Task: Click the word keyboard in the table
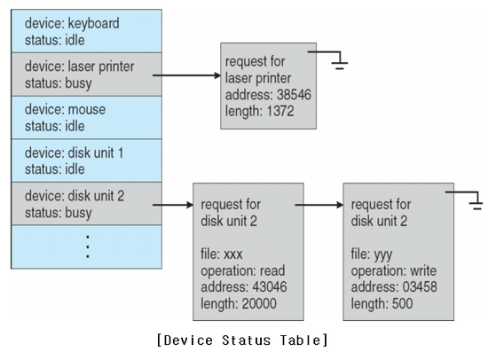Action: point(93,24)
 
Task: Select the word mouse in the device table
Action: point(87,110)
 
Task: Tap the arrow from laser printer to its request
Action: point(186,75)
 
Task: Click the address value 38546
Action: point(294,95)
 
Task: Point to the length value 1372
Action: point(280,111)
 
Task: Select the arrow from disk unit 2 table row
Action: point(173,205)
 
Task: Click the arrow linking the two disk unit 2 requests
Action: point(319,205)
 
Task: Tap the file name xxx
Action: point(233,254)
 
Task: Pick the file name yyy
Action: point(383,255)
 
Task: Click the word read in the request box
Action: point(272,270)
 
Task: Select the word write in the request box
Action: point(423,270)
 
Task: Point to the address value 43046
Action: point(270,287)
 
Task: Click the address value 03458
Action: point(420,287)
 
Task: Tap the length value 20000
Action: point(259,303)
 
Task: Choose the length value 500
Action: point(403,303)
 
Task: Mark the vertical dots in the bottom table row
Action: point(88,247)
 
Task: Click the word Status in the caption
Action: point(246,340)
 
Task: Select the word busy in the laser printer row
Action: point(78,83)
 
